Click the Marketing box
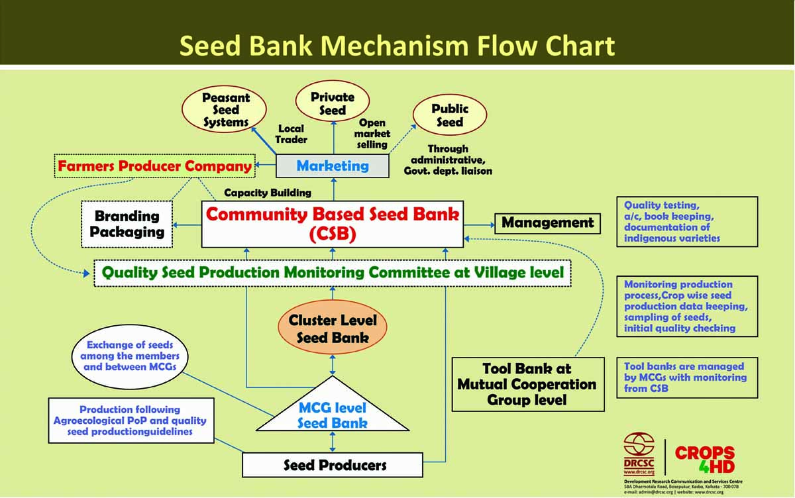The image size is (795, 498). (332, 166)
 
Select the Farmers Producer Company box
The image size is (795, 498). (155, 166)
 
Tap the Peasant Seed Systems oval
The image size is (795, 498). (225, 110)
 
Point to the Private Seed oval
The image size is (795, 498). (333, 103)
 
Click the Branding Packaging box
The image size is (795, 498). (127, 224)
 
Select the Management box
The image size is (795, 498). (547, 223)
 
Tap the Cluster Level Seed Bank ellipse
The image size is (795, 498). (333, 328)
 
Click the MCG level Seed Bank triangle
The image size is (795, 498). (333, 411)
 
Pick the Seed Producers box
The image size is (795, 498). (333, 465)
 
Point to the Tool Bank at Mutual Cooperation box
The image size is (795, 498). (528, 384)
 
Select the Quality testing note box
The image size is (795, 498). (687, 222)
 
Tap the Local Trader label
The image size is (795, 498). (291, 134)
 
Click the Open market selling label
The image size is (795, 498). (372, 134)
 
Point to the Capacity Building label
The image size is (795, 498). (268, 193)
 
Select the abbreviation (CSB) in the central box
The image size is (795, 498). (333, 235)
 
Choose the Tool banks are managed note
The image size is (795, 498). (687, 377)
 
